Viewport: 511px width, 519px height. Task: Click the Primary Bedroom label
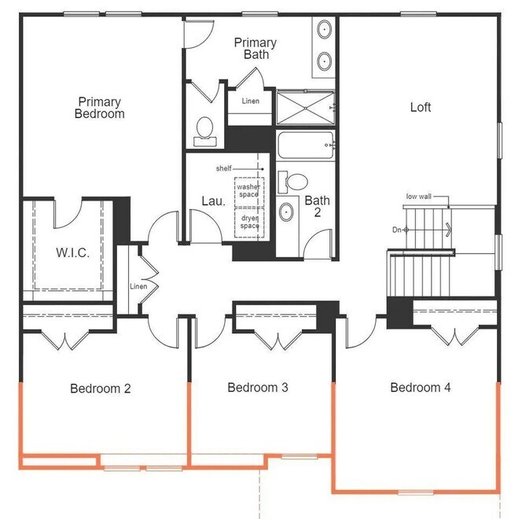99,108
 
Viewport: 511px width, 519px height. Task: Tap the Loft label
421,107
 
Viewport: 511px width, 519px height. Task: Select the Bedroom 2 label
101,388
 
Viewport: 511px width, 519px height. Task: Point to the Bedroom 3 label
258,387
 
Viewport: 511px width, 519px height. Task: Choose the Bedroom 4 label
421,387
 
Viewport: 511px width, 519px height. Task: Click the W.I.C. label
73,253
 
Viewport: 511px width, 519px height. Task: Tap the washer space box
249,193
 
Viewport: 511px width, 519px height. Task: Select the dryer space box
249,223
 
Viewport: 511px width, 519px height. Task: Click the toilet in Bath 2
293,182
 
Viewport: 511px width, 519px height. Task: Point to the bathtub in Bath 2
306,145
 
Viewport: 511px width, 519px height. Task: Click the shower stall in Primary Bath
306,108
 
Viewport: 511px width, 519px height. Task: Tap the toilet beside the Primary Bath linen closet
205,132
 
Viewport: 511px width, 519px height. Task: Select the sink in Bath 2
286,212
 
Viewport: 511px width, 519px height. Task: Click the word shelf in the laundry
224,168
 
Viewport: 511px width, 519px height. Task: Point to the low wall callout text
419,197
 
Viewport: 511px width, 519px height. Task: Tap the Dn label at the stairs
396,230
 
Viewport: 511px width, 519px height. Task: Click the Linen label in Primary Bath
250,101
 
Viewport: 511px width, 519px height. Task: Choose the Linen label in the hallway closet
138,286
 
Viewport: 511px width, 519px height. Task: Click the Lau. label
214,201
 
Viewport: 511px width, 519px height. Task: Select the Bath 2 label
317,206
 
